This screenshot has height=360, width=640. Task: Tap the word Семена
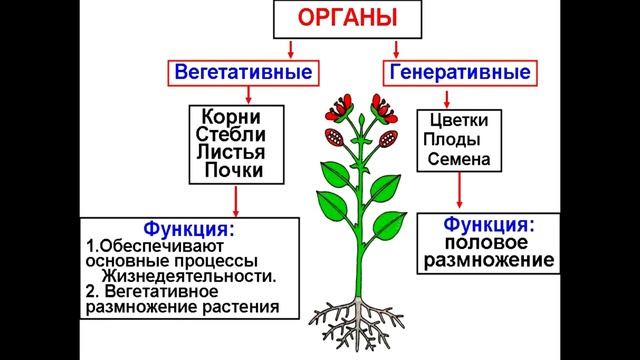point(459,158)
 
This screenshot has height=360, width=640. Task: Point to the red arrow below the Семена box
point(459,190)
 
